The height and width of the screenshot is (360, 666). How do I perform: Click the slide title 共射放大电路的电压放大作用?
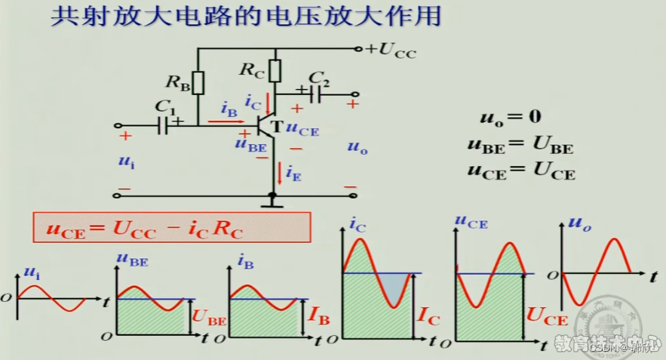tap(245, 17)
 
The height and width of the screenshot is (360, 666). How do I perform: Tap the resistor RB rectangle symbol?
tap(198, 82)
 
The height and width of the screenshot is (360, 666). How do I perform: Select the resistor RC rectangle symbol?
tap(275, 71)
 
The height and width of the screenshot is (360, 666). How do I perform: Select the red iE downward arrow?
tap(280, 173)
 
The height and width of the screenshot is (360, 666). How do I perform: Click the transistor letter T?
tap(276, 127)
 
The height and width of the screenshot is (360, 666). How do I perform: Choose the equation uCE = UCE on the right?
tap(520, 172)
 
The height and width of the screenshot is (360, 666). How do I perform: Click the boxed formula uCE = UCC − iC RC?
tap(171, 228)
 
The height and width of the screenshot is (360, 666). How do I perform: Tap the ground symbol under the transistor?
tap(272, 201)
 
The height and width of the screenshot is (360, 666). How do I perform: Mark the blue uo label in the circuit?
tap(358, 149)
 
